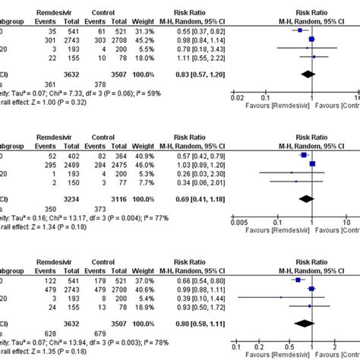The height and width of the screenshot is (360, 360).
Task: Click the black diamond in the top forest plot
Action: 308,74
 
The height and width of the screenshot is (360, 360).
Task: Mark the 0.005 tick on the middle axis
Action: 236,221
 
